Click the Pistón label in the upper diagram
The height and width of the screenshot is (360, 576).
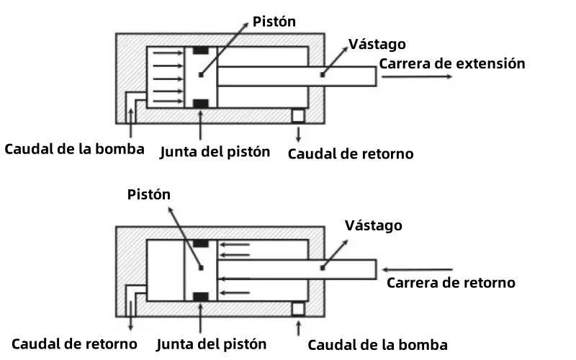(x=274, y=22)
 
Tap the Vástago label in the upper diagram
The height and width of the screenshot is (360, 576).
(x=377, y=44)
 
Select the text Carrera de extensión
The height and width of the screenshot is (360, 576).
(x=452, y=63)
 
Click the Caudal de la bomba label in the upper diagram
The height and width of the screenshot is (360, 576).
(x=75, y=149)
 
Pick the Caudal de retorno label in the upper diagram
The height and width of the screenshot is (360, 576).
(x=351, y=153)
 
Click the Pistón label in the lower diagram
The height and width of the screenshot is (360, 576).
(x=150, y=194)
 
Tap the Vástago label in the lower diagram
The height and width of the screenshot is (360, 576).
(x=373, y=226)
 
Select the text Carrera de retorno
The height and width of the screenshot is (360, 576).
(x=451, y=282)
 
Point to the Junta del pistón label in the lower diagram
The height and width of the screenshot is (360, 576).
(x=211, y=343)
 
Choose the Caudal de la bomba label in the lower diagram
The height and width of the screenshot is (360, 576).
(x=378, y=344)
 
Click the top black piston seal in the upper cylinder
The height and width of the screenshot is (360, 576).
(x=202, y=50)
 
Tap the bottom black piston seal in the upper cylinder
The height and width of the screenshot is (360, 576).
(x=202, y=103)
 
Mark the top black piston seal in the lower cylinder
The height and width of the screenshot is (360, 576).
(x=202, y=243)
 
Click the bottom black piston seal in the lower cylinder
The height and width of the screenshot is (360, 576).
(x=202, y=295)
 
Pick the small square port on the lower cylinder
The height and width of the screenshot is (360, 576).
(x=297, y=308)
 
